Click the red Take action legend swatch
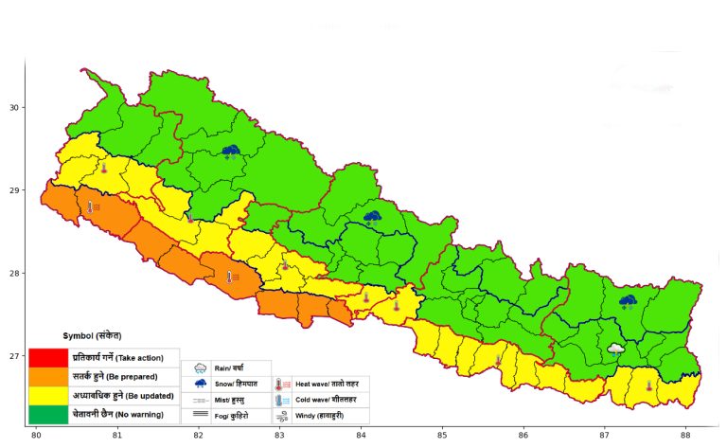point(48,358)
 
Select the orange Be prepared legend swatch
point(48,377)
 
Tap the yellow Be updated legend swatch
point(48,396)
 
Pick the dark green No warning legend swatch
point(48,414)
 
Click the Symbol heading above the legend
point(92,336)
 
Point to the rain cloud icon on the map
point(616,349)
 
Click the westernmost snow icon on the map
point(231,151)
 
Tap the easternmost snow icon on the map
point(628,301)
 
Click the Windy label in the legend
point(328,416)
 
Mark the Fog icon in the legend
point(201,415)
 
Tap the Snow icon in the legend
point(201,384)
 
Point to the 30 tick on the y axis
point(16,107)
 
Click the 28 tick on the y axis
point(16,273)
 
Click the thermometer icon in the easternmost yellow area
point(649,385)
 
